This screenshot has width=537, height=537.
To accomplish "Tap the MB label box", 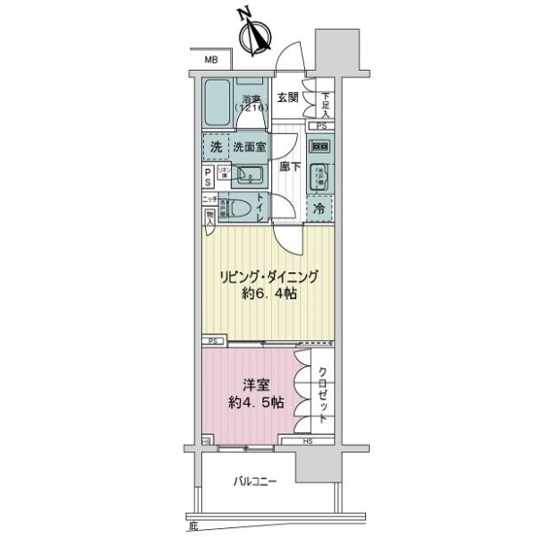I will click(x=211, y=60).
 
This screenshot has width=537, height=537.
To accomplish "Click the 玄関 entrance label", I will click(x=287, y=98).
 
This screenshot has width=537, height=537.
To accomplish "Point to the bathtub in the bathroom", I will click(x=217, y=107).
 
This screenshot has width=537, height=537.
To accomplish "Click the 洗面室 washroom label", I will click(x=250, y=146).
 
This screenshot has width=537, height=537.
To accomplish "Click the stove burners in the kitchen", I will click(x=320, y=146).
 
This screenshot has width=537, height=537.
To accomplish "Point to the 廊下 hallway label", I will click(x=287, y=166).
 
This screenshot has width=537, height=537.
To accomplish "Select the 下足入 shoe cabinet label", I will click(x=327, y=104).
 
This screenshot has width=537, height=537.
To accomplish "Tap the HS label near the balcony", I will click(x=307, y=439).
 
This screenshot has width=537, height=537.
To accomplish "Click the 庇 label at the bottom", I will click(x=192, y=525).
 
